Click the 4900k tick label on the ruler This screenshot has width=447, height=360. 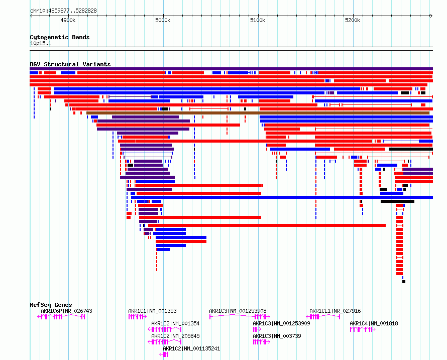pos(68,20)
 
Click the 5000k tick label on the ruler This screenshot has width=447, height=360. pos(163,20)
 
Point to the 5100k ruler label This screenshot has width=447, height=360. pos(258,20)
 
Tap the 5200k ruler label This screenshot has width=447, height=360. pos(353,20)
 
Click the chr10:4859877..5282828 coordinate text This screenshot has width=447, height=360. pos(63,11)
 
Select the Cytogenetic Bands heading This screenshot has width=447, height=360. pos(59,37)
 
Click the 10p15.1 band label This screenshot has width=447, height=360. pos(41,44)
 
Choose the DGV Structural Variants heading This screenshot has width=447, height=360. pos(70,64)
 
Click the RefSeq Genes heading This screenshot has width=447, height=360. pos(51,305)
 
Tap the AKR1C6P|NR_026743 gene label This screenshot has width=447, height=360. pos(66,311)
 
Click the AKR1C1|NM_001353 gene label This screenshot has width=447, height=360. pos(152,311)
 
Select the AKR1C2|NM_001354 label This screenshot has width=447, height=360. pos(175,323)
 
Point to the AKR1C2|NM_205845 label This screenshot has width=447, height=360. pos(175,336)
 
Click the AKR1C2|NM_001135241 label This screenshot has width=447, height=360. pos(191,348)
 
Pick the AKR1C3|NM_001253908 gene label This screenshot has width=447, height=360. pos(238,311)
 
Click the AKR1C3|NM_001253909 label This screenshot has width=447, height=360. pos(281,323)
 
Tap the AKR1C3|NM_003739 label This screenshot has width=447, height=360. pos(277,336)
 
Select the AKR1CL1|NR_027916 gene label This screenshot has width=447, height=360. pos(335,311)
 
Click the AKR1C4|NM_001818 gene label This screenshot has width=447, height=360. pos(374,323)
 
